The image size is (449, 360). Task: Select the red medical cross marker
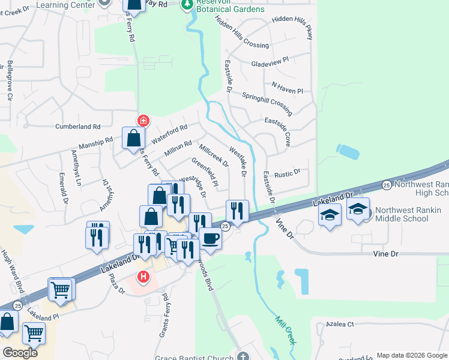(143, 120)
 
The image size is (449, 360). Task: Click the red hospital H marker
(143, 277)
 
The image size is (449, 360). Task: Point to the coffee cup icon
(210, 238)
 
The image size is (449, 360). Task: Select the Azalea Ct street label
(339, 324)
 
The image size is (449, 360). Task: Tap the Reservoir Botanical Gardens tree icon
(187, 5)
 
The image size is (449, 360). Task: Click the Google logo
(20, 353)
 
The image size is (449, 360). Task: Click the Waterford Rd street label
(169, 133)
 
